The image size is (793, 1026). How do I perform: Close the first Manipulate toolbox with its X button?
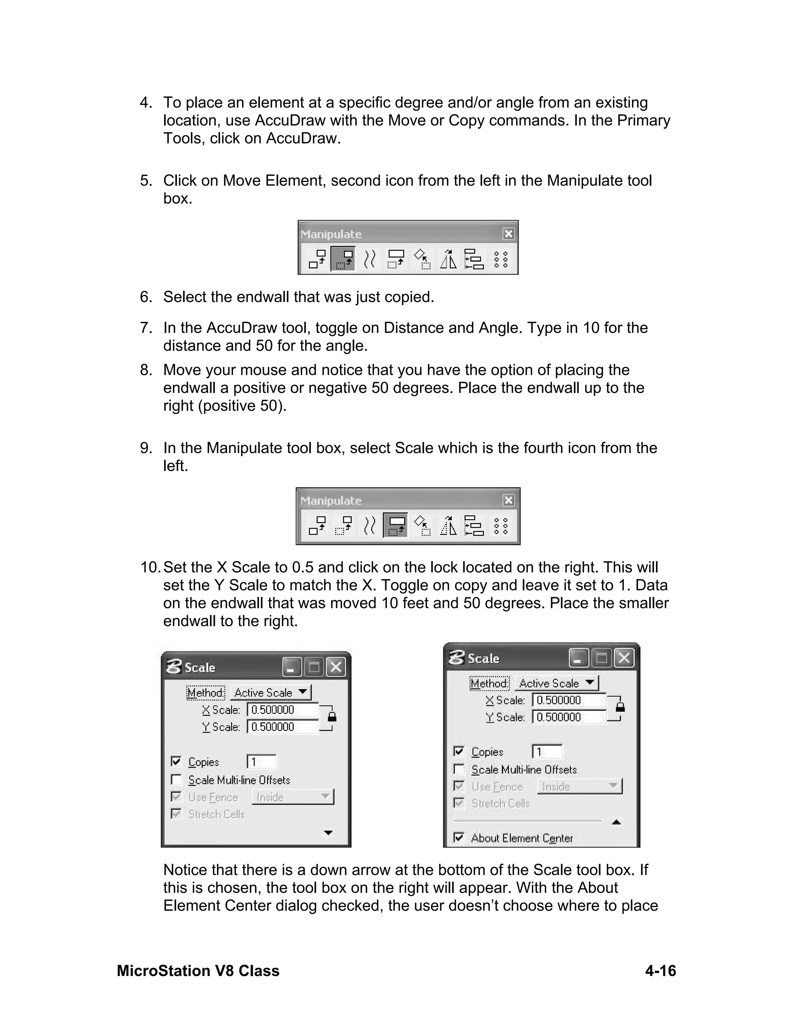(508, 234)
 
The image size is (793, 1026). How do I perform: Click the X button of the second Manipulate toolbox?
(508, 500)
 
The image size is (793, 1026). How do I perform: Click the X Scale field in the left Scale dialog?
(282, 710)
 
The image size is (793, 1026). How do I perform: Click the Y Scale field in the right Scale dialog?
(568, 717)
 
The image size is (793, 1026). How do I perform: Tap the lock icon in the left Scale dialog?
(332, 717)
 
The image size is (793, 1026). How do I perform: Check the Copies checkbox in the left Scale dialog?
(176, 761)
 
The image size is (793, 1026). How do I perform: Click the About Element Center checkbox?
(459, 837)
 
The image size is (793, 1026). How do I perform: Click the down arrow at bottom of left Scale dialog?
(328, 833)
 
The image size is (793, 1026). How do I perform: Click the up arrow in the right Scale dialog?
(616, 822)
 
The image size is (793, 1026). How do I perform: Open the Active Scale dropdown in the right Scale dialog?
(556, 683)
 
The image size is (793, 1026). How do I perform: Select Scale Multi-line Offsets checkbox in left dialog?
(176, 780)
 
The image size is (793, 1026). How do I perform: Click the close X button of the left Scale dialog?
(336, 667)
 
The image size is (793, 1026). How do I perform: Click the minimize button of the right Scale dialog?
(578, 658)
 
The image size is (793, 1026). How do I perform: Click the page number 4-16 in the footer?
(660, 971)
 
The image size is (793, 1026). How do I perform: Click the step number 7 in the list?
(146, 328)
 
